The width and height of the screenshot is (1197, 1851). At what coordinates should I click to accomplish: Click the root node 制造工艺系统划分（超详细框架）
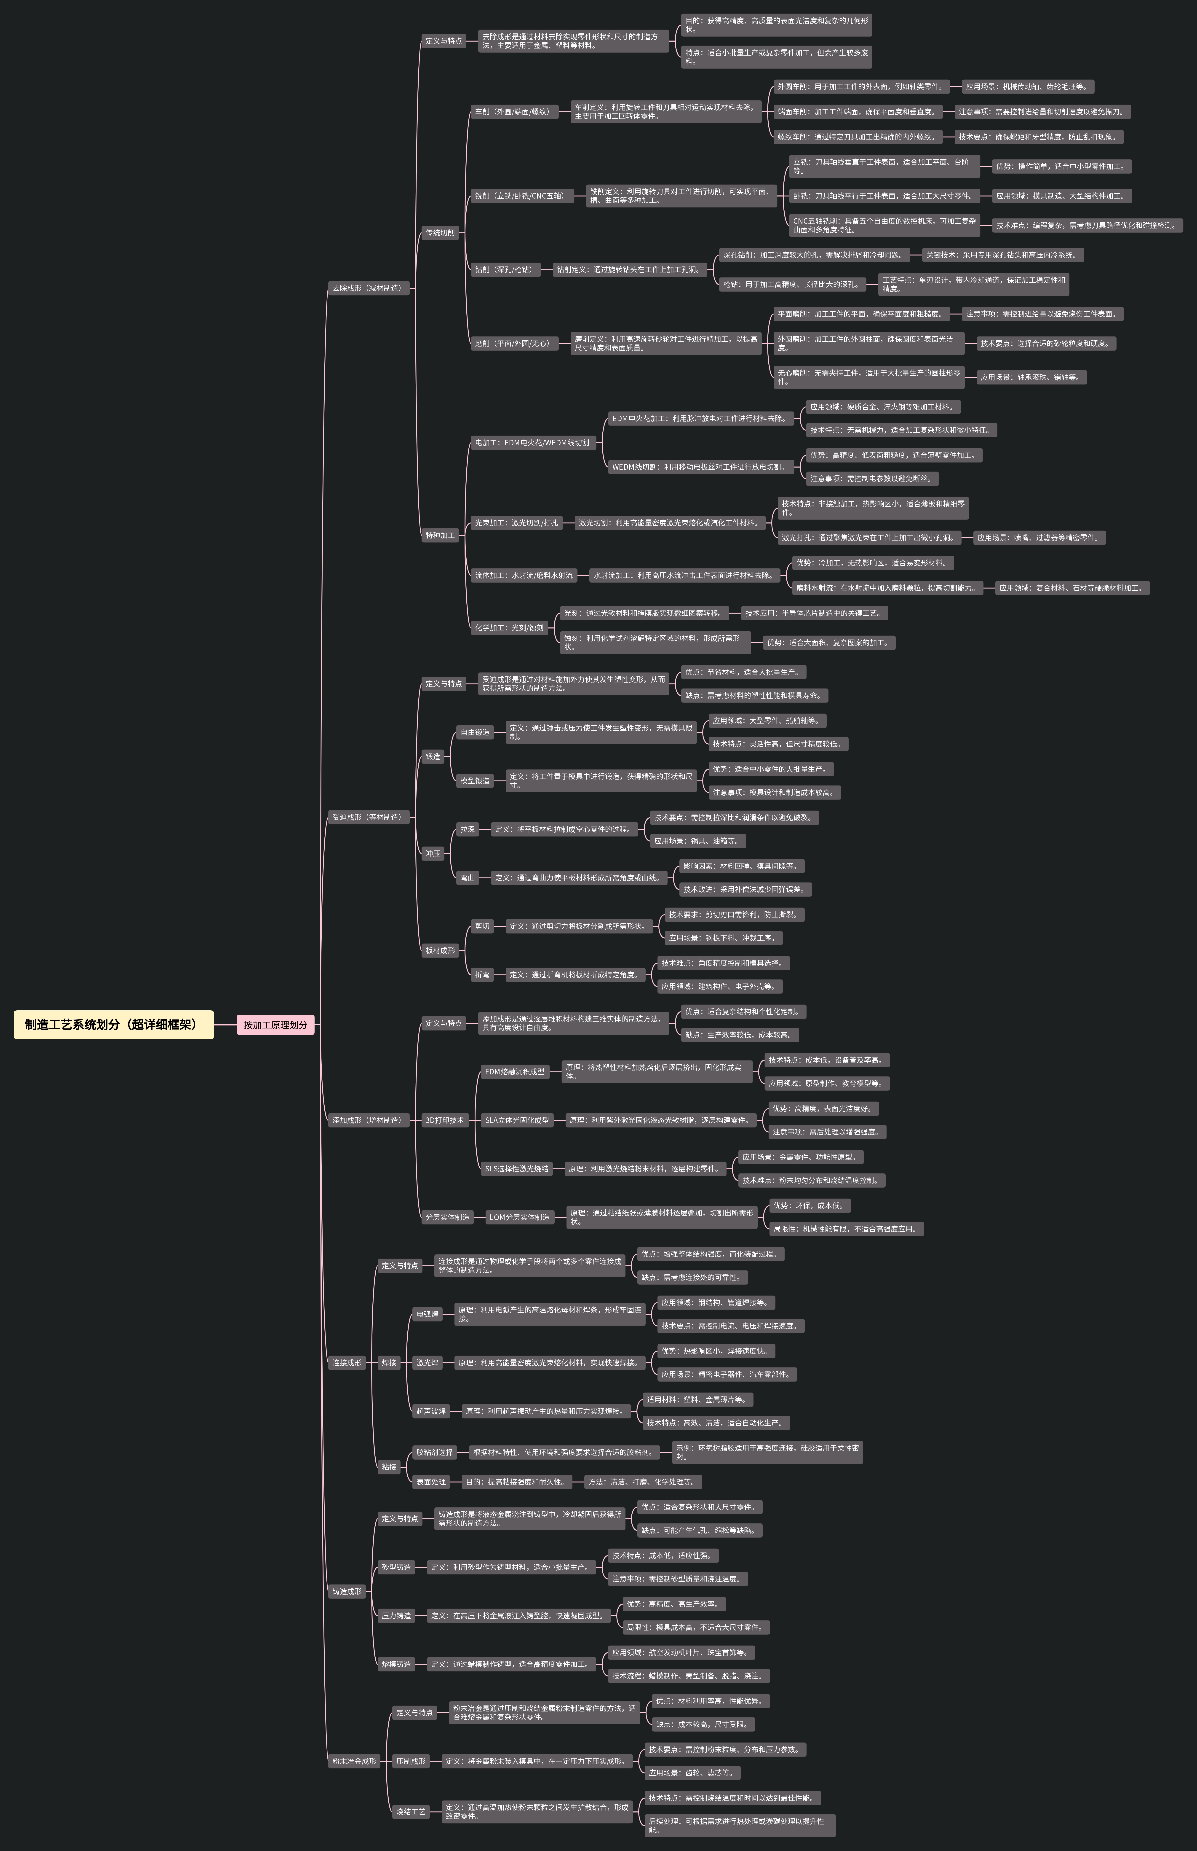113,1024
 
